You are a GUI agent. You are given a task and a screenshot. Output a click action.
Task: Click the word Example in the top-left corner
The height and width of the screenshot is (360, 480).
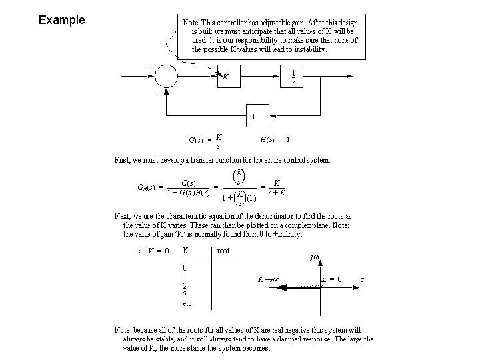[x=61, y=20]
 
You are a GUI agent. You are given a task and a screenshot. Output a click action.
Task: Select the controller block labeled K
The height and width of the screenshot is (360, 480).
[x=227, y=77]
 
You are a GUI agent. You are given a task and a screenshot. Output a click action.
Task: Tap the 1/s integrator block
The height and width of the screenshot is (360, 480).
[x=294, y=77]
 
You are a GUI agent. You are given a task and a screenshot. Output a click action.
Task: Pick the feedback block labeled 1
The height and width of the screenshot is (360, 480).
[x=253, y=116]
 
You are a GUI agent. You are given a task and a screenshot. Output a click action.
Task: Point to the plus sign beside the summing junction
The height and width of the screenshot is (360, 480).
[x=151, y=68]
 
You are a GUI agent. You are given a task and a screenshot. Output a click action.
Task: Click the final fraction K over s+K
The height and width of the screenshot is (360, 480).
[x=277, y=187]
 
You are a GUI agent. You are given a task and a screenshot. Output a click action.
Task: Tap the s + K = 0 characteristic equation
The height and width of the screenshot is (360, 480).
[x=153, y=251]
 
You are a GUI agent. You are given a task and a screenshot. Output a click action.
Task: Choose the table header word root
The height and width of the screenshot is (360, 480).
[x=223, y=251]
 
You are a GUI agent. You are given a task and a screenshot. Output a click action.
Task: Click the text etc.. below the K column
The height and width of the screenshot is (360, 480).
[x=189, y=304]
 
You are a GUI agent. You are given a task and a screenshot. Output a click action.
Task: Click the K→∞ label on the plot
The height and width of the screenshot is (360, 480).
[x=269, y=279]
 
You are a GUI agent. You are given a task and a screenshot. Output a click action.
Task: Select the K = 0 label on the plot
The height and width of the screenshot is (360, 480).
[x=331, y=279]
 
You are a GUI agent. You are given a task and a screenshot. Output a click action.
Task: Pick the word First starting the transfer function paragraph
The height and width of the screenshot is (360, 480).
[x=123, y=160]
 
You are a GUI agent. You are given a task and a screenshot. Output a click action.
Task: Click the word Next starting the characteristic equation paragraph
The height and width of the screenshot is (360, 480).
[x=122, y=217]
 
